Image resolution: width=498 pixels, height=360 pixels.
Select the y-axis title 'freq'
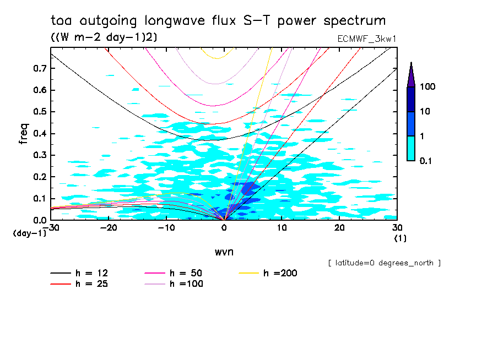pos(24,133)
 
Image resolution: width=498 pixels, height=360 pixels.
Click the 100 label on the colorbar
pos(428,87)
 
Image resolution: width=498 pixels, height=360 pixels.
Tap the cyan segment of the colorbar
pos(411,148)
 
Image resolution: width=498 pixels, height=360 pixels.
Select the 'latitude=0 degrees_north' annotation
pos(384,263)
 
